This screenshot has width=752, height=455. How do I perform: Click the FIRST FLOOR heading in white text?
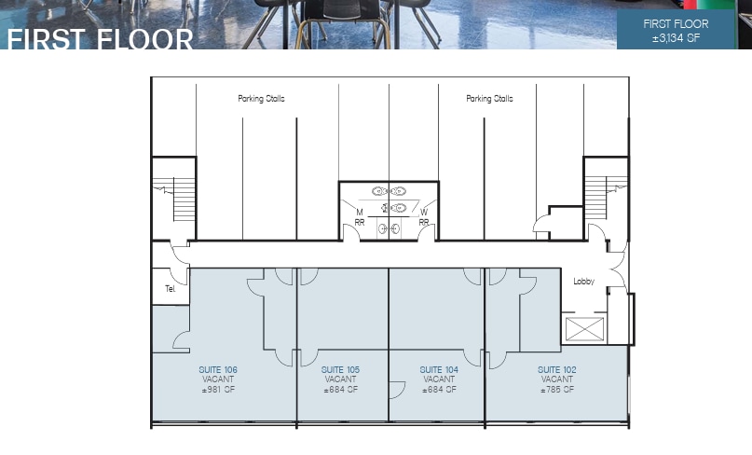[x=100, y=39]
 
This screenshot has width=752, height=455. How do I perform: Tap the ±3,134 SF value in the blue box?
[x=676, y=39]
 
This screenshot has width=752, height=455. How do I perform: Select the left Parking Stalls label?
[x=261, y=99]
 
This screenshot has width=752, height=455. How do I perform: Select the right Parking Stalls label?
[x=489, y=99]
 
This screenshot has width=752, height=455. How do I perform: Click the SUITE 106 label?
[x=218, y=370]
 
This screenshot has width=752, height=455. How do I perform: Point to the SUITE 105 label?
[x=340, y=370]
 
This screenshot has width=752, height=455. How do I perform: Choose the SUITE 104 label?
[x=439, y=370]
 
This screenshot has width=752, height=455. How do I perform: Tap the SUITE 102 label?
[x=556, y=370]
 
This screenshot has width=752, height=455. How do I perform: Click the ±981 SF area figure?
[x=218, y=390]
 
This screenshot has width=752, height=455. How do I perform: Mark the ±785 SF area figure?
[x=556, y=390]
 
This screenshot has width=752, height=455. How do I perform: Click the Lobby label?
[x=583, y=282]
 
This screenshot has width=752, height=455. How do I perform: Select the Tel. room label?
[x=171, y=289]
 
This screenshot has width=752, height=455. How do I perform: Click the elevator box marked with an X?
[x=585, y=328]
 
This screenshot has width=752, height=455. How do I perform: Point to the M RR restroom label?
[x=359, y=217]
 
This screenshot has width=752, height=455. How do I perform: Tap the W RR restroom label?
[x=424, y=217]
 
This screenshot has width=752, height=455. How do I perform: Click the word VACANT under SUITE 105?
[x=340, y=379]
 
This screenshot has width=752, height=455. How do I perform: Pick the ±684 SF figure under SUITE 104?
[x=439, y=390]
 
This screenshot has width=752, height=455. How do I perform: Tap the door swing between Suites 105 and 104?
[x=397, y=390]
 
